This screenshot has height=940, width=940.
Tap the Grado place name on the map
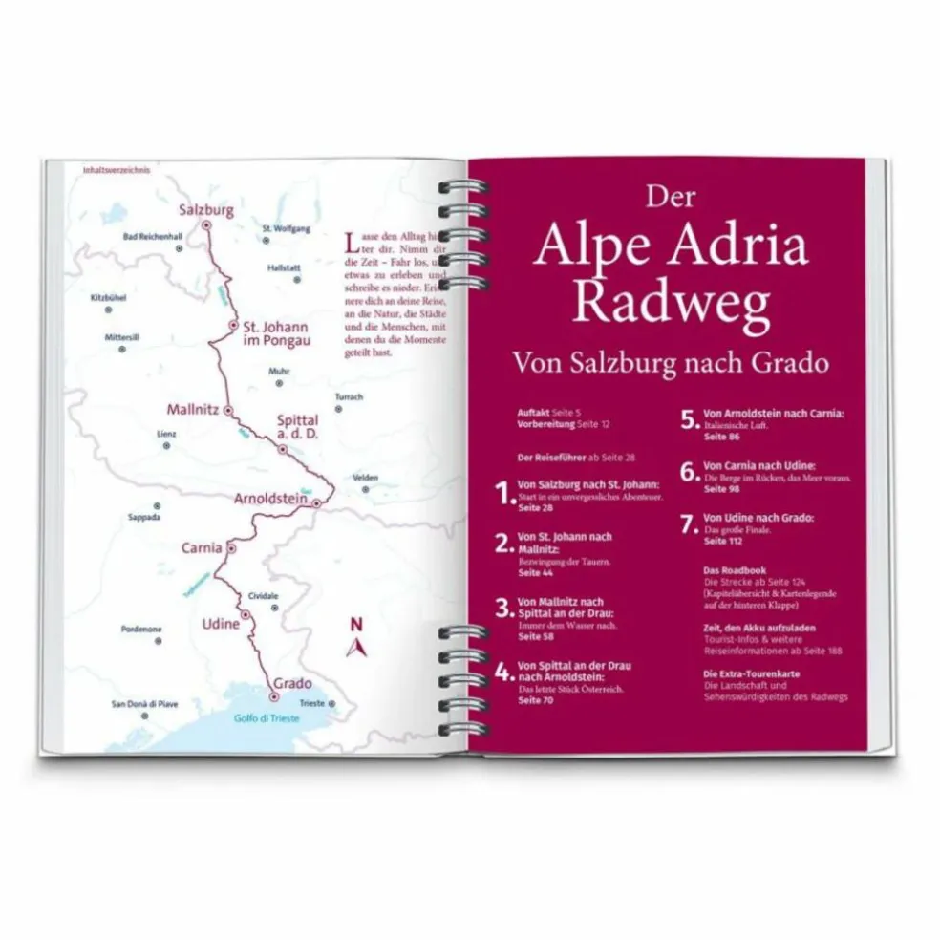coord(290,682)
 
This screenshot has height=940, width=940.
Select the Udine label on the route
coord(221,623)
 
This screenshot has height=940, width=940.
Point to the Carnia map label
coord(202,548)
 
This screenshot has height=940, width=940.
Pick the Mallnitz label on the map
coord(193,408)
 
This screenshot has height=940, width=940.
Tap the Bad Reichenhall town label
coord(153,236)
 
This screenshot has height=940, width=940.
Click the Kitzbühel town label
coord(108,297)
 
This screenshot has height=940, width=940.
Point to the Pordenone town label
coord(141,629)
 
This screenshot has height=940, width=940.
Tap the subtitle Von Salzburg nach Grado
coord(670,362)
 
